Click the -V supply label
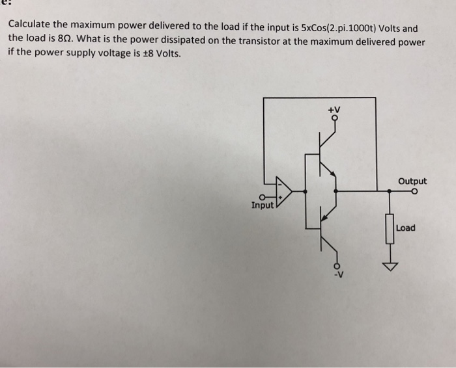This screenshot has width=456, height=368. (x=337, y=273)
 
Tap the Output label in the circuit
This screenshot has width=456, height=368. (x=413, y=181)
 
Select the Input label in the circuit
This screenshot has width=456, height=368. (x=263, y=205)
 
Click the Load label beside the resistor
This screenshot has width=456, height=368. (x=405, y=228)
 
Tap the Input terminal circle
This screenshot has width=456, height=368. (x=262, y=197)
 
